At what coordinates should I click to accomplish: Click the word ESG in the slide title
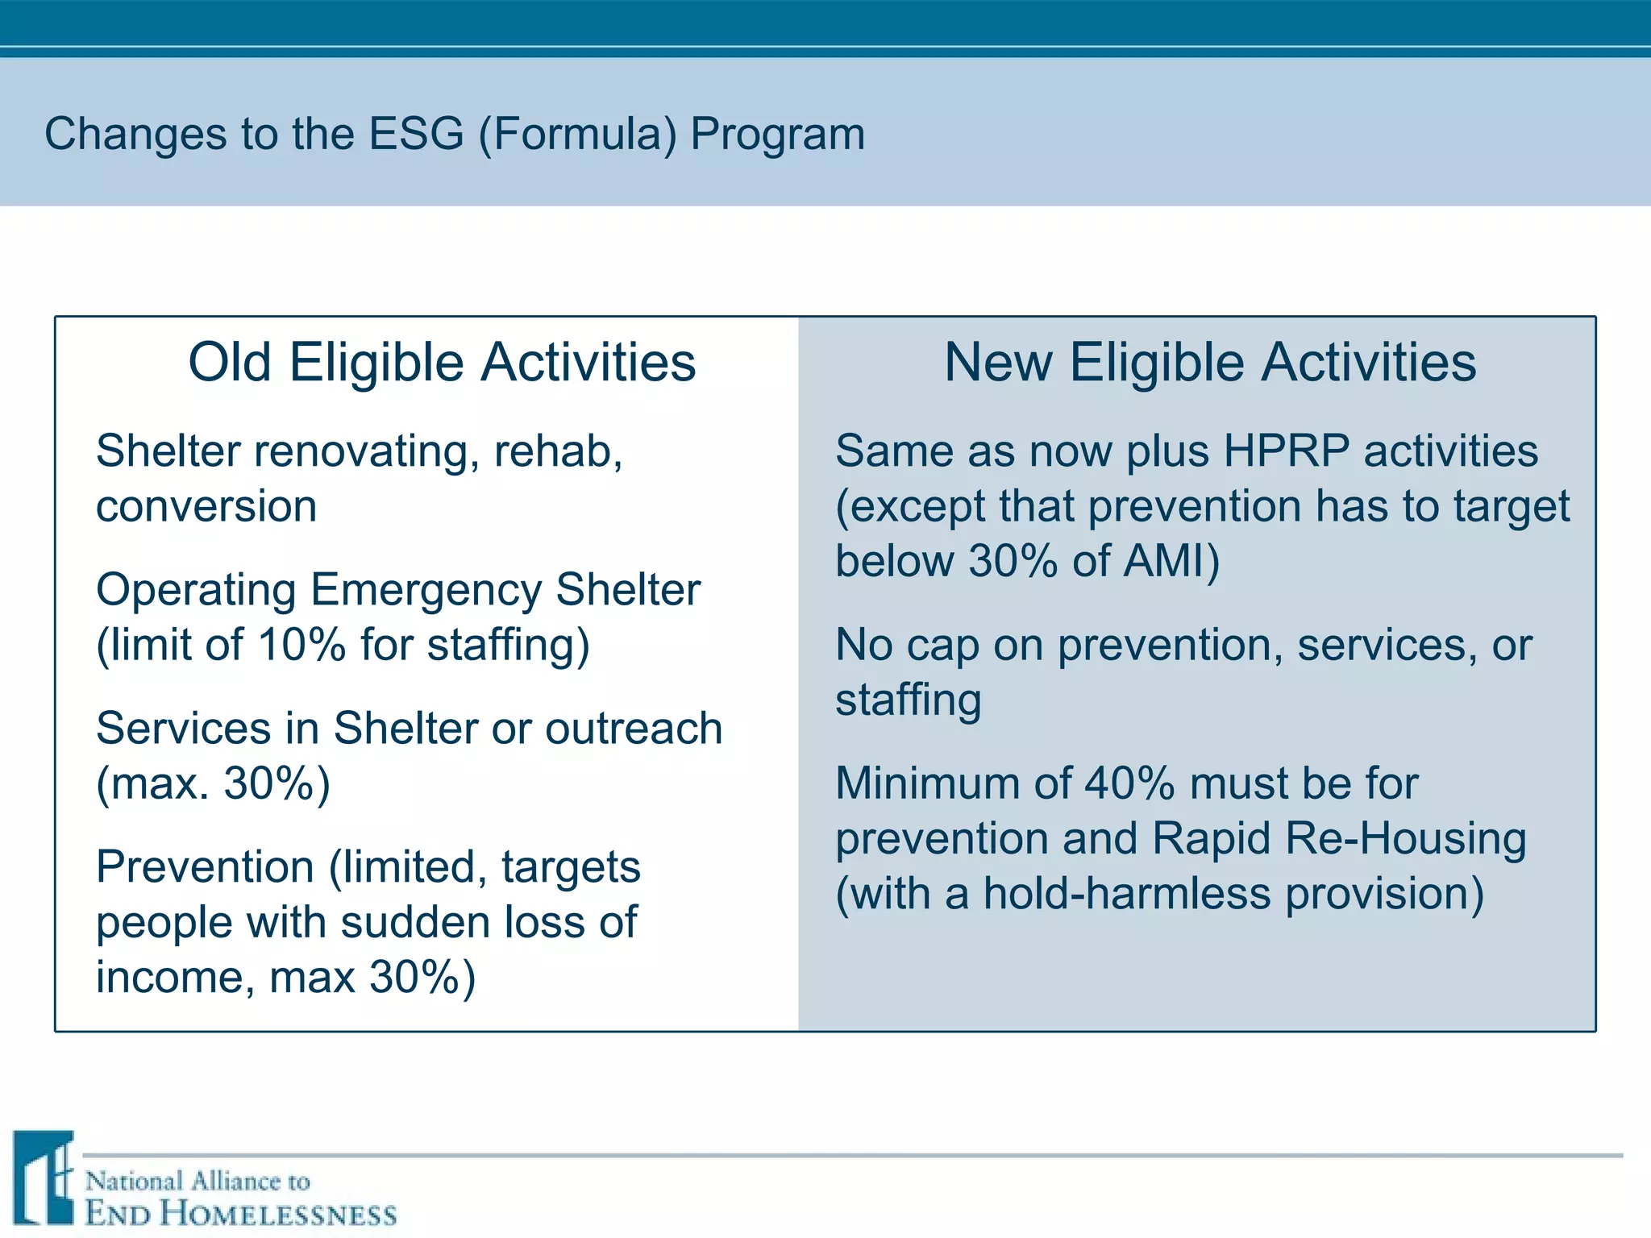tap(416, 134)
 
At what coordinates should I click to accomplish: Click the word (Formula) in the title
tap(577, 134)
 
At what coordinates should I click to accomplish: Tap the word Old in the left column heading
tap(229, 362)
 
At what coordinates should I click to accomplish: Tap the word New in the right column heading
tap(997, 362)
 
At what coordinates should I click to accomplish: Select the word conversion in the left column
tap(206, 507)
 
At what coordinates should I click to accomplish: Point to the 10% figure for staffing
tap(302, 645)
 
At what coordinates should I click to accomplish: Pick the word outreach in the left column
tap(634, 729)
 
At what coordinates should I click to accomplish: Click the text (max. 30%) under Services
tap(214, 783)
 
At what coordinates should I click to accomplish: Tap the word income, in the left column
tap(175, 977)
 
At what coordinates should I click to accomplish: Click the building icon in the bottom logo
tap(45, 1178)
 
